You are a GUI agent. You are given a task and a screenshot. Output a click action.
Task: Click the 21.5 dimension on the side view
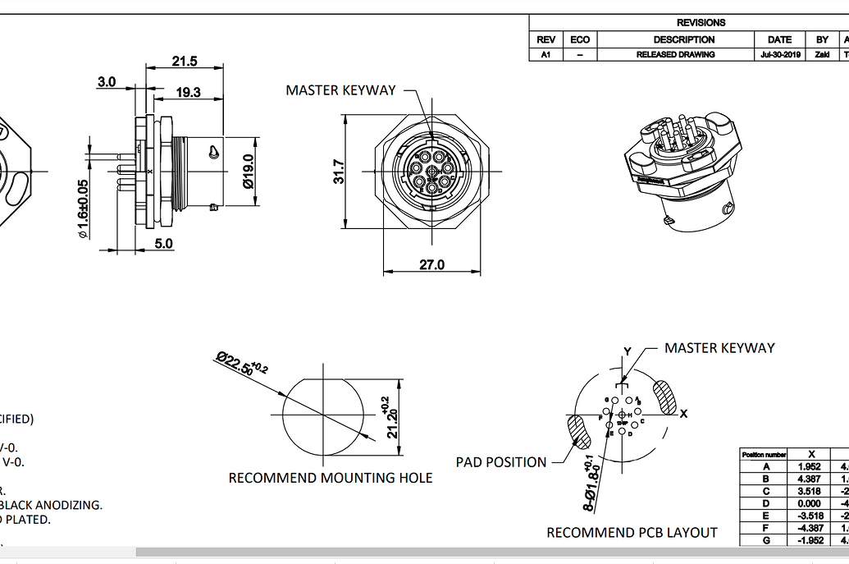pos(185,62)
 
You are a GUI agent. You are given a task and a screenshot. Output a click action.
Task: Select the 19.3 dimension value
pos(188,92)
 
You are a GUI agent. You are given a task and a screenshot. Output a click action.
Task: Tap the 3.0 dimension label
pos(107,81)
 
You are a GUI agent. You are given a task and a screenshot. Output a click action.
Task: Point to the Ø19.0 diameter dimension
pos(249,171)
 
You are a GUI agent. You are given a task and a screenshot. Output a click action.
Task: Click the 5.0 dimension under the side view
pos(164,243)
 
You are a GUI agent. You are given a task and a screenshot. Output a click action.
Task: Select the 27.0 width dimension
pos(431,264)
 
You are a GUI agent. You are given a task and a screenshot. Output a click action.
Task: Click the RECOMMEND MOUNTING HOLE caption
pos(330,478)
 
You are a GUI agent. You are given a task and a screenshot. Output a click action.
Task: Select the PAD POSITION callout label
pos(501,462)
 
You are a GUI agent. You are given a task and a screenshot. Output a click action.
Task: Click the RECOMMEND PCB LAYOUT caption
pos(632,533)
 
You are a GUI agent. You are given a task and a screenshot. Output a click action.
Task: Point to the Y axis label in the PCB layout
pos(628,351)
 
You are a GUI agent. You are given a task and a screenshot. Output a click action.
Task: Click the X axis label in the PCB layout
pos(683,413)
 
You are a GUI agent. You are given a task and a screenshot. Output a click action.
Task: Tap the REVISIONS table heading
pos(701,23)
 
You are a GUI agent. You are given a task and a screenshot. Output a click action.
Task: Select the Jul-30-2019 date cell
pos(779,54)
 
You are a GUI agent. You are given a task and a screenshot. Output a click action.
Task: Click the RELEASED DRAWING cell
pos(675,54)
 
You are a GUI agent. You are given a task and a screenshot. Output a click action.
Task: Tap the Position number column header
pos(765,454)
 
